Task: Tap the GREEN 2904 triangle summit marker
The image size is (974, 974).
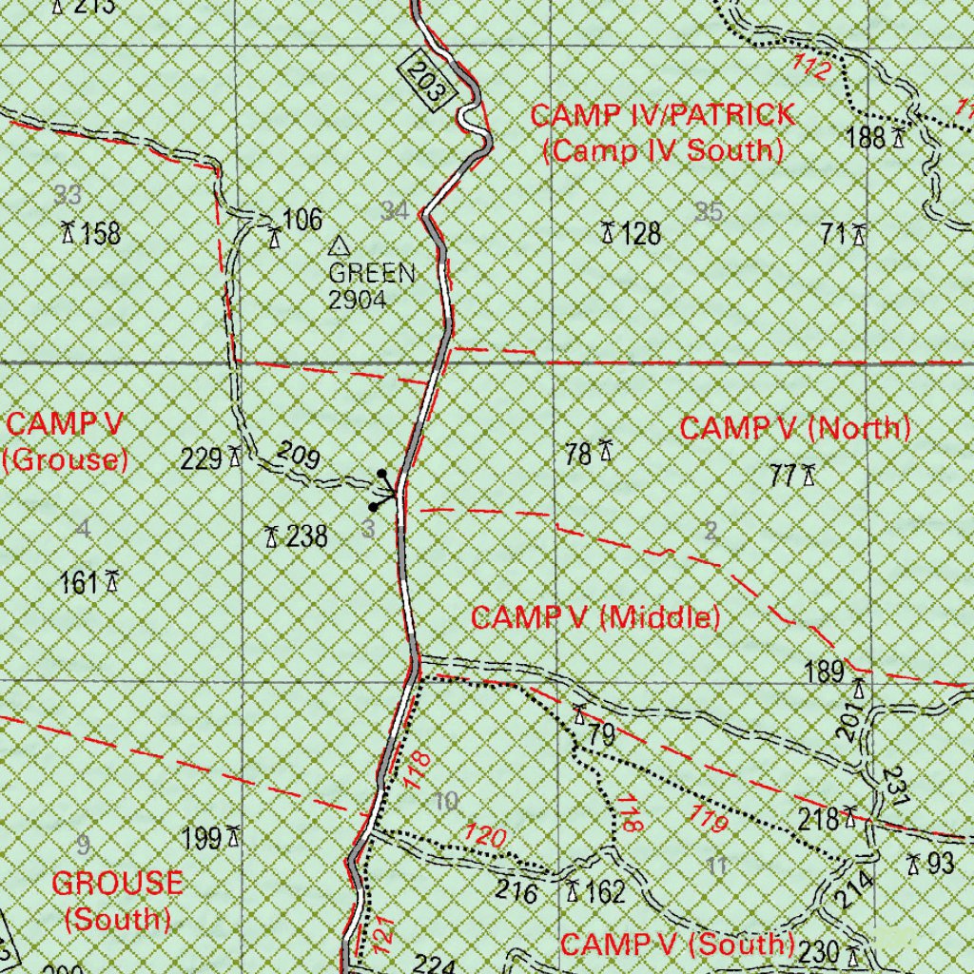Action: click(x=338, y=246)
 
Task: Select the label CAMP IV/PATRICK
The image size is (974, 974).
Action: click(x=662, y=116)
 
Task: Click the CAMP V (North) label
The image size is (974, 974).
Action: click(x=795, y=428)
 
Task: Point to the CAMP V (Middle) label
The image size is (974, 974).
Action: click(x=595, y=617)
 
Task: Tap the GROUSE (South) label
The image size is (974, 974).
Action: click(x=117, y=900)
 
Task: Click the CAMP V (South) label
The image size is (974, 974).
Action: click(x=677, y=945)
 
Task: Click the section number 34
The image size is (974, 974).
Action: click(x=395, y=211)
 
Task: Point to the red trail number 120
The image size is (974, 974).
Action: click(x=484, y=836)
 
